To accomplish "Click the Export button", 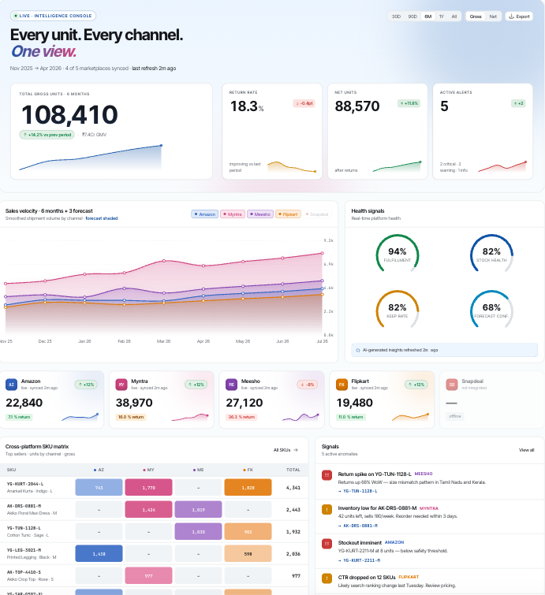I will pos(520,16).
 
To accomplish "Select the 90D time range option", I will pos(412,16).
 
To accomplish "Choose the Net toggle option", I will pos(493,16).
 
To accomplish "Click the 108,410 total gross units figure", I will pos(69,115).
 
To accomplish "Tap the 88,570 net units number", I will pos(357,106).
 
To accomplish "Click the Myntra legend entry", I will pos(233,214).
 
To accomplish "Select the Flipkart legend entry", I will pos(287,214).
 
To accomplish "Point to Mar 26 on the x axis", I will pos(164,341).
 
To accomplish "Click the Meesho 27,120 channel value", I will pos(244,402).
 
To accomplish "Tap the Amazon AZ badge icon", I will pos(11,385).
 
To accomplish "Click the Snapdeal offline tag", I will pos(454,416).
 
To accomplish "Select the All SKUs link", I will pos(286,450).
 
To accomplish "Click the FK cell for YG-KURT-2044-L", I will pos(248,488).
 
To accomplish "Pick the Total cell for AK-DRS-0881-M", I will pos(293,509).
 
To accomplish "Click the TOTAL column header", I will pos(293,469).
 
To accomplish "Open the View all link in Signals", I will pos(526,450).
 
